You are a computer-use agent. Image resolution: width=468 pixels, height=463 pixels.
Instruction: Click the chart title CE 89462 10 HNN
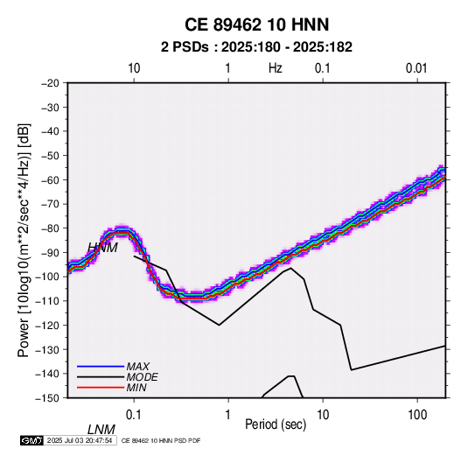click(256, 25)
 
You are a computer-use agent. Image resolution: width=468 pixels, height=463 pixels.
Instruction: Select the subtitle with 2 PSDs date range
click(256, 47)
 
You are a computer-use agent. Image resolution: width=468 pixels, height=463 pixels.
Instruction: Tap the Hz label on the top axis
click(276, 68)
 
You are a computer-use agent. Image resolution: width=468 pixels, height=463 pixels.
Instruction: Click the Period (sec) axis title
click(276, 424)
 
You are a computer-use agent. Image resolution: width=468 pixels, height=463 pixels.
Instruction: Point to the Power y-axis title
click(24, 240)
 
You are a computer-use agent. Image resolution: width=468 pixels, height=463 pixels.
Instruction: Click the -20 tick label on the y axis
click(50, 83)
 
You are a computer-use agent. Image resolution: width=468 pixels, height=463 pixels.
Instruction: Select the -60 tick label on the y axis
click(50, 179)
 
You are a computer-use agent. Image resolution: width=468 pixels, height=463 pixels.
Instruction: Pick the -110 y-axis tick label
click(47, 301)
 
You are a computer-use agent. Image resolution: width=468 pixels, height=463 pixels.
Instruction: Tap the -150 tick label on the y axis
click(47, 398)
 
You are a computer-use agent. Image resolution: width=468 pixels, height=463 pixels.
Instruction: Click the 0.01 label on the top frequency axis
click(416, 68)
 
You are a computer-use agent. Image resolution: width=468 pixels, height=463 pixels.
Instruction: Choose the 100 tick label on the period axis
click(416, 415)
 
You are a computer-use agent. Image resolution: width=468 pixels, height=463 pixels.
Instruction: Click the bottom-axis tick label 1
click(228, 415)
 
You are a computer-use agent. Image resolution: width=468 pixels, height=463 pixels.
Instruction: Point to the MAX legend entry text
click(138, 367)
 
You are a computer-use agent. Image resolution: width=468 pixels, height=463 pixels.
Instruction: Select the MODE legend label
click(142, 377)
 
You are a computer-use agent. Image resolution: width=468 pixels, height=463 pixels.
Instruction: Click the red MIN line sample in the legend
click(101, 388)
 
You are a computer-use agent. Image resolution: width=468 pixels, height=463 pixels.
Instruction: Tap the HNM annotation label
click(102, 248)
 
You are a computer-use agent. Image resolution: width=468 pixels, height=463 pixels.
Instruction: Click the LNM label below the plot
click(101, 430)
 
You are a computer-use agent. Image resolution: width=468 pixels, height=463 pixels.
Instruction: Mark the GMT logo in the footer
click(32, 440)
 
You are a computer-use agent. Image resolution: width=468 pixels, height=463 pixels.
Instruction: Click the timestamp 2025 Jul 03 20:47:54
click(80, 440)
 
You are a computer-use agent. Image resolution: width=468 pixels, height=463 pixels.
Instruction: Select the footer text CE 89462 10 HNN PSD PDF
click(161, 440)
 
